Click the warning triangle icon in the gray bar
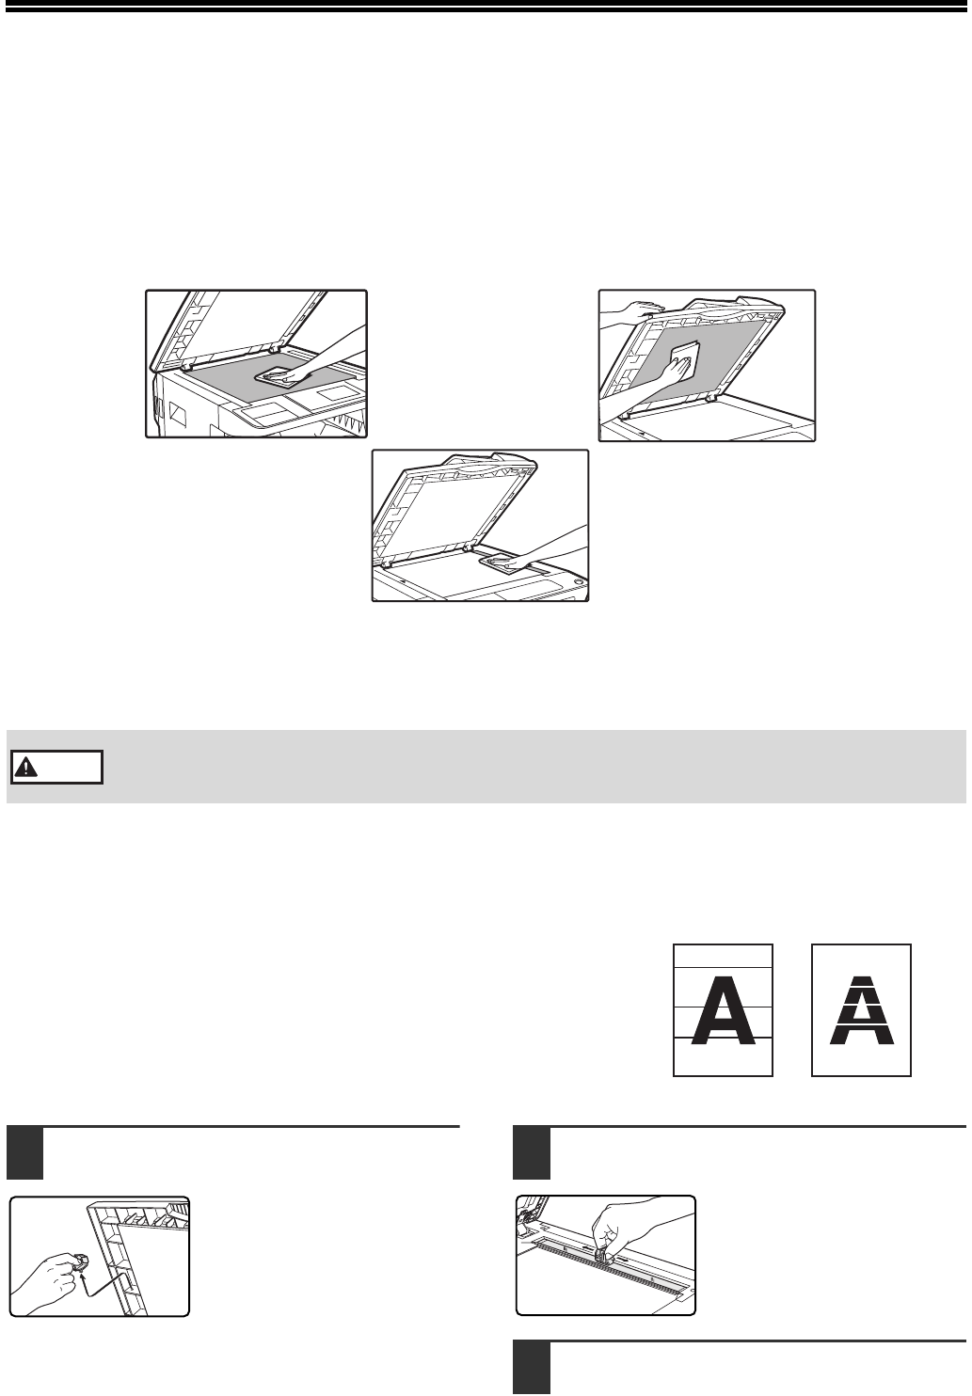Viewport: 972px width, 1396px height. pyautogui.click(x=26, y=768)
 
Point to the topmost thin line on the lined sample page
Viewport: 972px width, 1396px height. pyautogui.click(x=724, y=968)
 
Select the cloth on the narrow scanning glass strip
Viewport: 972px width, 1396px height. pyautogui.click(x=499, y=563)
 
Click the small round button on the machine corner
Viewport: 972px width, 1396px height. pyautogui.click(x=580, y=581)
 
